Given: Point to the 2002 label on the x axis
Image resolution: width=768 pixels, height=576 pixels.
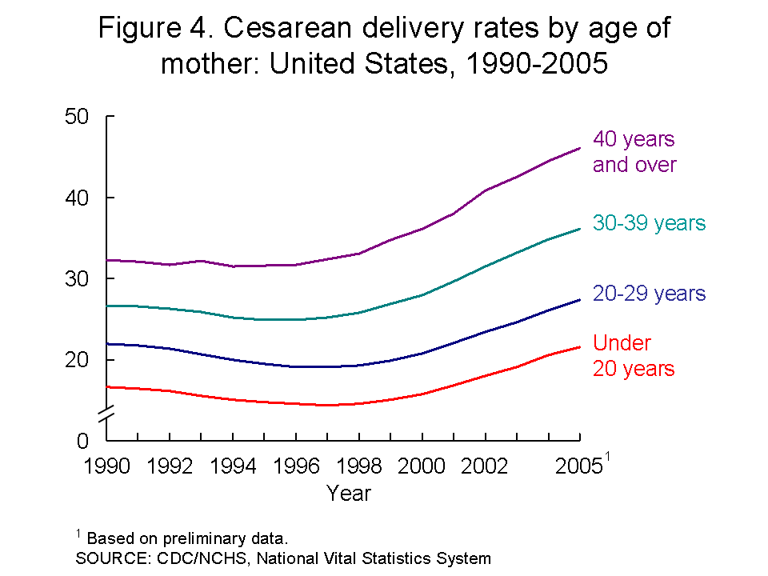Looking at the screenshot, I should point(485,466).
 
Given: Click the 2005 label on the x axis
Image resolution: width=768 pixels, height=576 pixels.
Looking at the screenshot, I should point(578,466).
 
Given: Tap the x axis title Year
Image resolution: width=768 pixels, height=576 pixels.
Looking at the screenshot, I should point(349,493).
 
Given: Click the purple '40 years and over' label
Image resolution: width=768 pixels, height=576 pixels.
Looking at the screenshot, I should point(634,152).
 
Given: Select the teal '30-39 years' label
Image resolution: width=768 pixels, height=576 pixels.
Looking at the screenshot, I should point(649,223).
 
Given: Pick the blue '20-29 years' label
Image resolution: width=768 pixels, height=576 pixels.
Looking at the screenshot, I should point(649,294).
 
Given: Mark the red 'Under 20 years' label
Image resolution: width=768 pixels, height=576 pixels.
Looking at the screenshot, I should point(634,356).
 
